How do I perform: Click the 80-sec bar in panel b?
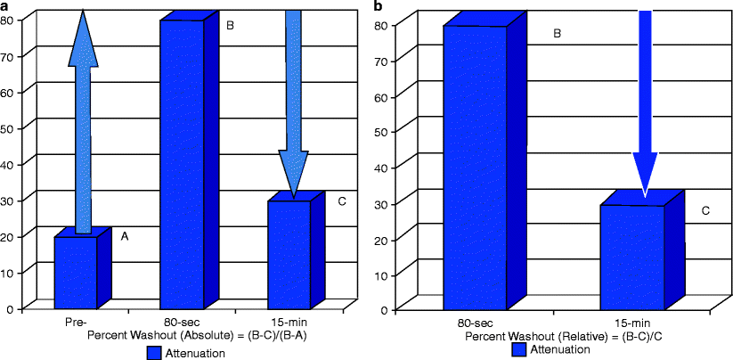[475, 169]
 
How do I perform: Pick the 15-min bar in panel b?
[631, 258]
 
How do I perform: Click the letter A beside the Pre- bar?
[125, 236]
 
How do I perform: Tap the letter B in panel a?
[230, 26]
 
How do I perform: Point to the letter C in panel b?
[704, 211]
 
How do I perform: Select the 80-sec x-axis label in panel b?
[478, 321]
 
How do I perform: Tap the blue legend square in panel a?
[152, 353]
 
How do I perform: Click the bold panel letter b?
[379, 7]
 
